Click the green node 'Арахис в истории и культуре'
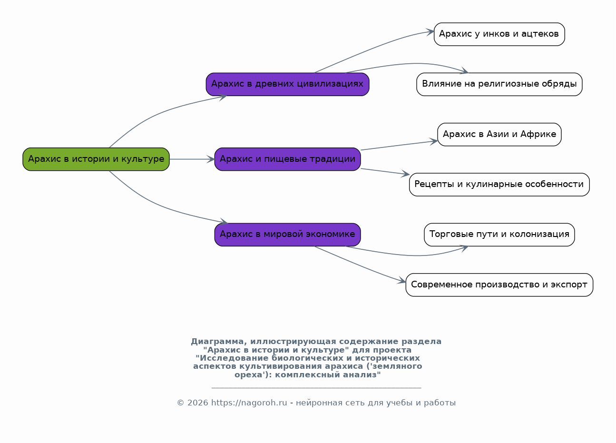[96, 159]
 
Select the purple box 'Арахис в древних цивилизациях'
[288, 85]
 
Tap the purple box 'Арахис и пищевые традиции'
[288, 159]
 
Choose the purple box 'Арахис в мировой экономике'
[288, 235]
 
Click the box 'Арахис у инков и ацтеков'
[499, 34]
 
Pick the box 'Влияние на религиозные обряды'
[499, 85]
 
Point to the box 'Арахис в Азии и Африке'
[499, 135]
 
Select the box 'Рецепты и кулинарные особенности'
[499, 185]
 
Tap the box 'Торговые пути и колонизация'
[499, 235]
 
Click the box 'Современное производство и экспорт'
[499, 285]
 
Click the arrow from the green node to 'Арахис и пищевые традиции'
[192, 159]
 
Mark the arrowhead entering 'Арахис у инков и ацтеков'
[430, 32]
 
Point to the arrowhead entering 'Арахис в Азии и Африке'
[434, 141]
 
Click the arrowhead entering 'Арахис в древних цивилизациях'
[223, 97]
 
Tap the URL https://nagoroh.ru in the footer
[249, 403]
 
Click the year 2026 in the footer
[198, 403]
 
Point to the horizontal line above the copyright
[316, 388]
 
